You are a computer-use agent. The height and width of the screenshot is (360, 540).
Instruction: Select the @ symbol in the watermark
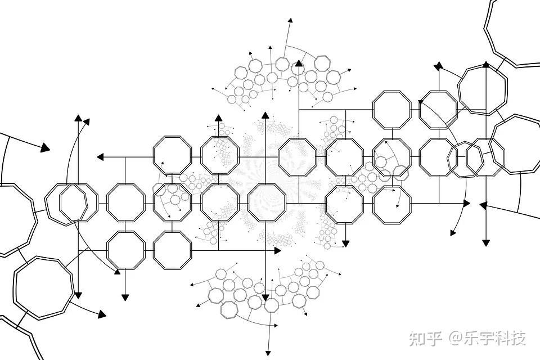[454, 339]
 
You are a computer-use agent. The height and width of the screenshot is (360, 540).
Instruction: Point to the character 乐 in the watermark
[471, 338]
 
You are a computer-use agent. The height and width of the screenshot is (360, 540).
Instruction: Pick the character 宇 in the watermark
[487, 338]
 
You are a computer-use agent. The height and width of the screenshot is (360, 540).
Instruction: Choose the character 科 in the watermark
[503, 338]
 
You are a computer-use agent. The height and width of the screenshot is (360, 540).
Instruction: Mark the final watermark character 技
[519, 338]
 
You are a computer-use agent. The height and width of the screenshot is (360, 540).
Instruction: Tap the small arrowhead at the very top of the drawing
[290, 20]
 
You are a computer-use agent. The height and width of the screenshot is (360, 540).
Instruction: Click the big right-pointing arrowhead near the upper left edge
[45, 148]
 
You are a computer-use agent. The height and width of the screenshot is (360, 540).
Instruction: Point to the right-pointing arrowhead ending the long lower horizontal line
[277, 250]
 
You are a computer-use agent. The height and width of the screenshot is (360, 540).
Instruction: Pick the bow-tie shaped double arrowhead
[438, 66]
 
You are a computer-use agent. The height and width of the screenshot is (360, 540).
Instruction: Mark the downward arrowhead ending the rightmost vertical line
[486, 242]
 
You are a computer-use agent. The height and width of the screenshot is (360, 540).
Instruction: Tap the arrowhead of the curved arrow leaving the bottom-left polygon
[102, 314]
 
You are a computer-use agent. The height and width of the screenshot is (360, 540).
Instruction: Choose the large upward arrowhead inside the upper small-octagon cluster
[299, 64]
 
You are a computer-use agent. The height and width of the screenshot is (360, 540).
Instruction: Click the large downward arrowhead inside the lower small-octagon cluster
[264, 296]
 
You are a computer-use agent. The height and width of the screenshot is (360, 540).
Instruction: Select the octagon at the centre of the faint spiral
[266, 204]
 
